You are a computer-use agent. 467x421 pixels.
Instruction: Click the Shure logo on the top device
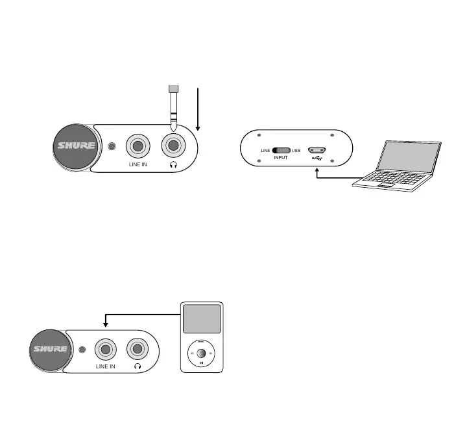77,146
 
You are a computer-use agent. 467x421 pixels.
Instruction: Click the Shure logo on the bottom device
49,350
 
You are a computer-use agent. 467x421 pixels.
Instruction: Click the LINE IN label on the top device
138,166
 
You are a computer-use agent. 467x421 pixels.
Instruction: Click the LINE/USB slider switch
281,151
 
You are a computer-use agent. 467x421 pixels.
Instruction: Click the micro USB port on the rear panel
317,149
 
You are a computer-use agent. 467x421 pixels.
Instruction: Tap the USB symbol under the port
317,158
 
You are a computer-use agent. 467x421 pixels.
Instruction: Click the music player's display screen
201,319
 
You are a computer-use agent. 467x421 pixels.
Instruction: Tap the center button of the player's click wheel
201,354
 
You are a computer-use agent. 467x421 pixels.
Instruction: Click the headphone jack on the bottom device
138,350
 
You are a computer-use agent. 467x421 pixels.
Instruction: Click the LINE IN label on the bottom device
106,368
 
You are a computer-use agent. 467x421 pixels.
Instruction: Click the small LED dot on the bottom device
82,350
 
